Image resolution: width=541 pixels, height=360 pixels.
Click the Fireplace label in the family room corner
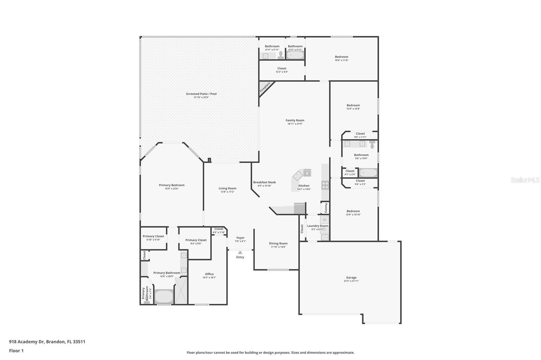(x=265, y=87)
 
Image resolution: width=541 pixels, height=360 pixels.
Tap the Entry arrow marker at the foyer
(x=240, y=252)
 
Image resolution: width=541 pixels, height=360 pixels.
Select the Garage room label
(x=351, y=278)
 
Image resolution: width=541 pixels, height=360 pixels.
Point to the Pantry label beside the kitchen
(x=326, y=207)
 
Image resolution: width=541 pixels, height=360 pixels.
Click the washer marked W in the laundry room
(x=325, y=220)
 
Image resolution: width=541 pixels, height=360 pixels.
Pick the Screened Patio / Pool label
(x=201, y=94)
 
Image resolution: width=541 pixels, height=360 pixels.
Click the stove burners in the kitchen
(x=325, y=185)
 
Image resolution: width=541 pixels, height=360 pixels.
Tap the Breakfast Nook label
(x=264, y=182)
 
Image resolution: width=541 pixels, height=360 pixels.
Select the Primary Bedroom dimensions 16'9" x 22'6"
(x=172, y=189)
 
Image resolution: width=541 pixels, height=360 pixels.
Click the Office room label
(x=209, y=274)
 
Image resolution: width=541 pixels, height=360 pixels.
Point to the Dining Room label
(x=278, y=243)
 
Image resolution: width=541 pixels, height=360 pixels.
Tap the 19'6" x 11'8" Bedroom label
(x=342, y=57)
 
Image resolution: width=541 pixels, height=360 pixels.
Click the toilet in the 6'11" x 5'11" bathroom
(x=280, y=55)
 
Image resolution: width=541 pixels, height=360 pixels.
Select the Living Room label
(x=227, y=188)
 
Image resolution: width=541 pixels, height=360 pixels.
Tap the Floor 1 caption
(x=16, y=351)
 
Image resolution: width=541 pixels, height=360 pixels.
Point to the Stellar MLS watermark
(x=525, y=180)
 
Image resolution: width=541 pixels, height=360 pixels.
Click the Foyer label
(x=240, y=238)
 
